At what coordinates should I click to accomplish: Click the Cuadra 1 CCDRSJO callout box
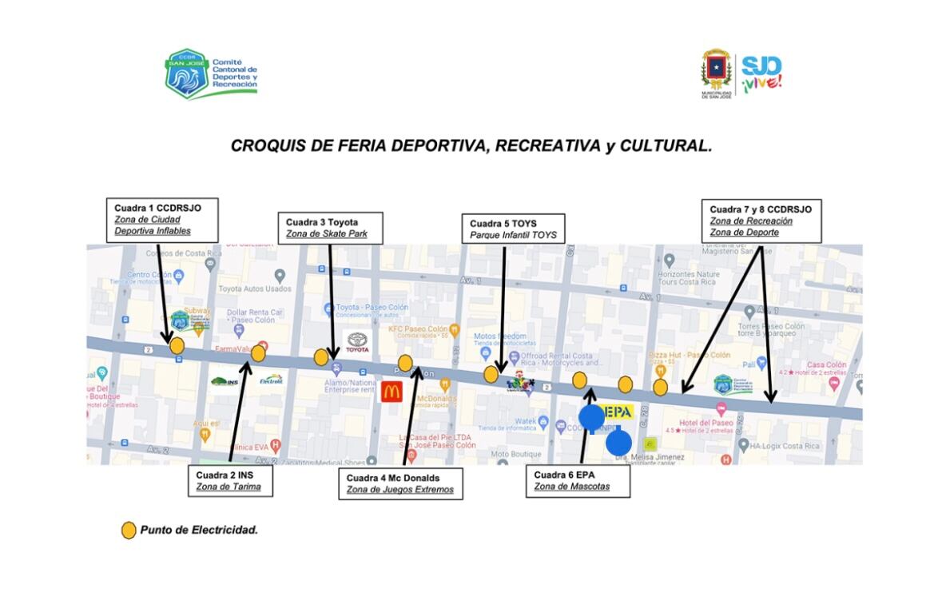[164, 220]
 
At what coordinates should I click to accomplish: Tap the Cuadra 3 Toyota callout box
[330, 228]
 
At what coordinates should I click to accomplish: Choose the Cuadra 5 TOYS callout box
[513, 229]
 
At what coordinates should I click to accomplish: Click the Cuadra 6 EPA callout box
[578, 480]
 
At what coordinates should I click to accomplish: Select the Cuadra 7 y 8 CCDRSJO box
[761, 221]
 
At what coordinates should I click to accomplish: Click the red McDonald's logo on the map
[392, 392]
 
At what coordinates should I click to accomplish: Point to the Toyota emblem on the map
[357, 342]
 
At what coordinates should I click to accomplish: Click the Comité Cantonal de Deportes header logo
[211, 74]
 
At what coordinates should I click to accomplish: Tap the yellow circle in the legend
[128, 530]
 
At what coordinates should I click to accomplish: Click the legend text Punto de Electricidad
[199, 530]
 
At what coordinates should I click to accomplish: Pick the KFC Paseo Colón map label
[417, 328]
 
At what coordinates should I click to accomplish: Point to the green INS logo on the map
[225, 381]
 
